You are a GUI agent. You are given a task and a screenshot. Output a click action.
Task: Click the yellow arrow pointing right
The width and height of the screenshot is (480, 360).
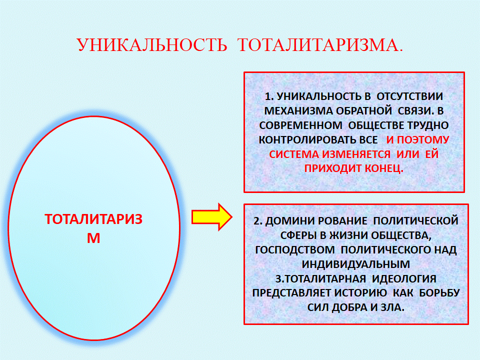click(211, 217)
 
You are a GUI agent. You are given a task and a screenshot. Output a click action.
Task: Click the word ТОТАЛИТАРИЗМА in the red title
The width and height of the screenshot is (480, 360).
click(318, 45)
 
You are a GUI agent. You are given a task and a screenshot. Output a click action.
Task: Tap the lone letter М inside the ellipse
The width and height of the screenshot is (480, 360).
click(93, 238)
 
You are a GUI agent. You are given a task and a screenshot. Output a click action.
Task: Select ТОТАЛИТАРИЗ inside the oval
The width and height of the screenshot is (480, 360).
click(93, 219)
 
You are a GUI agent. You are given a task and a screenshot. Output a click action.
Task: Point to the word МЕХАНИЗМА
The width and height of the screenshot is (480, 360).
click(297, 111)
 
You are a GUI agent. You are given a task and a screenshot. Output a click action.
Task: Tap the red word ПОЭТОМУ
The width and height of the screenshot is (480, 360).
click(423, 140)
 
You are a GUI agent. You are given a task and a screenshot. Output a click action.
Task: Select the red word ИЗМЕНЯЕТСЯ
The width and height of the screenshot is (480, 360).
click(356, 154)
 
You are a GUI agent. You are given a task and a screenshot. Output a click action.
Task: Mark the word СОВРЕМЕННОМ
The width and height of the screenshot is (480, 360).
click(300, 125)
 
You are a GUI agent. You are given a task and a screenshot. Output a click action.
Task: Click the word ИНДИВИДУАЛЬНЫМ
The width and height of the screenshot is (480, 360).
click(355, 264)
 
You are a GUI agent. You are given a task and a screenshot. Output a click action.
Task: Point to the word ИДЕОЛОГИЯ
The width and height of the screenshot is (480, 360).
click(404, 279)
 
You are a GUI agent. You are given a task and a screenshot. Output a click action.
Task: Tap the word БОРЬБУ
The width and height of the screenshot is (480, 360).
click(439, 293)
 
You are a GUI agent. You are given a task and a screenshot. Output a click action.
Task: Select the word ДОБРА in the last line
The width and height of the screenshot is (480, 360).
click(349, 307)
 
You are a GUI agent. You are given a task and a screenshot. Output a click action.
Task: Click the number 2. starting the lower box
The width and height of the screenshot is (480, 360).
click(258, 221)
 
